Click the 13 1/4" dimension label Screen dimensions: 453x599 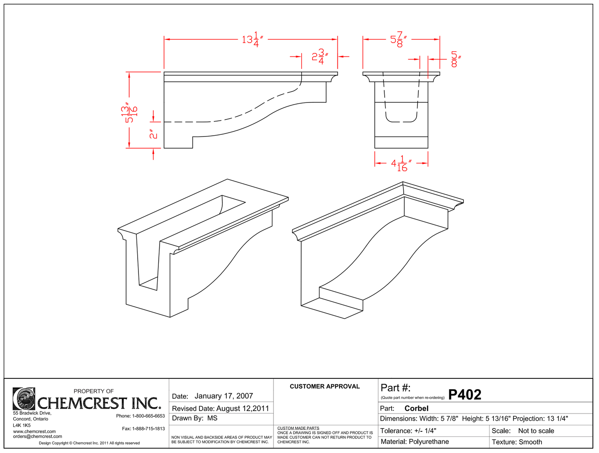[x=253, y=39]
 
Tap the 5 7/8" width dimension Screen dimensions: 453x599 [x=398, y=39]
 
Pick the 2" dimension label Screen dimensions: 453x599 [x=154, y=134]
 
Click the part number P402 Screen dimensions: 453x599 [x=465, y=395]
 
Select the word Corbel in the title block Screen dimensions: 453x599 [x=416, y=408]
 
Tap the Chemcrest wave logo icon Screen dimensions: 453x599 [x=24, y=399]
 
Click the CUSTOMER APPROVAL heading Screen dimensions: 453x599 [x=325, y=386]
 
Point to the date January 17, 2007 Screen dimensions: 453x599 [x=223, y=396]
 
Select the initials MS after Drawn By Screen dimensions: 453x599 [x=212, y=418]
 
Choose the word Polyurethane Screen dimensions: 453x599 [x=429, y=442]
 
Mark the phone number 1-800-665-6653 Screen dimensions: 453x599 [x=148, y=416]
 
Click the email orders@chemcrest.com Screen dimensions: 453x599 [x=38, y=436]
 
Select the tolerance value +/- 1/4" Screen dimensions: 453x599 [x=425, y=431]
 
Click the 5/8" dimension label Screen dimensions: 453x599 [x=455, y=59]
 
